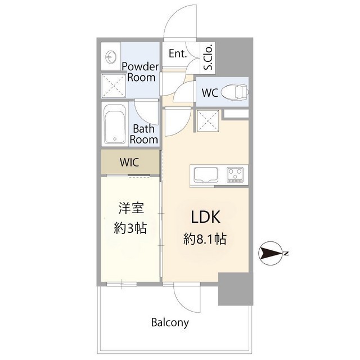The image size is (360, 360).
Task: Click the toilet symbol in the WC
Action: (235, 92)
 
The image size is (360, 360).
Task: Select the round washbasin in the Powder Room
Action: (111, 56)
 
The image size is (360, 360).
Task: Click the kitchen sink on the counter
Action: (206, 175)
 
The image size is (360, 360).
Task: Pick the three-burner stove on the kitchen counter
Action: (235, 175)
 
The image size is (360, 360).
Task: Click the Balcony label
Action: (170, 322)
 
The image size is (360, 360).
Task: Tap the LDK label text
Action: (206, 217)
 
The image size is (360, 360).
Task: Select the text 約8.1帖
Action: (205, 238)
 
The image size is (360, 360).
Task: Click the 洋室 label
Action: (131, 208)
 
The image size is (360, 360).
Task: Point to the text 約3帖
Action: (130, 228)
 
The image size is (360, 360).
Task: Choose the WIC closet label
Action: (129, 162)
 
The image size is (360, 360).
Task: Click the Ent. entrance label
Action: (178, 54)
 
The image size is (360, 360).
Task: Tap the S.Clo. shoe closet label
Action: (209, 57)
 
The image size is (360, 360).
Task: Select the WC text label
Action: (210, 93)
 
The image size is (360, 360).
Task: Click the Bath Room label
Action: (144, 134)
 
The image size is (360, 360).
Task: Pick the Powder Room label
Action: (140, 72)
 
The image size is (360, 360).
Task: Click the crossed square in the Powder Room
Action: (114, 86)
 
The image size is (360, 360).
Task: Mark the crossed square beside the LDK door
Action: (208, 121)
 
